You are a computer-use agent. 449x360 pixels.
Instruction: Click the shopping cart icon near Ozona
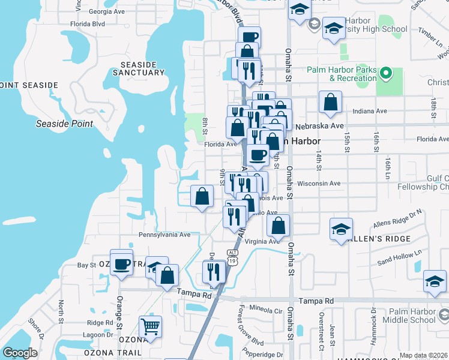pos(150,327)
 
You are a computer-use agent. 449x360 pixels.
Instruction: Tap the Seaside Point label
pos(64,124)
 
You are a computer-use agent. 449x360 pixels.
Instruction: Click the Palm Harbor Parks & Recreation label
pos(342,74)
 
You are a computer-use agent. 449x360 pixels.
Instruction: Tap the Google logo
pos(20,353)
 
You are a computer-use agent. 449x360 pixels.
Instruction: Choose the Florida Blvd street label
pos(87,24)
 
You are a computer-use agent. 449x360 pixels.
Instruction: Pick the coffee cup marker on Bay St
pos(121,263)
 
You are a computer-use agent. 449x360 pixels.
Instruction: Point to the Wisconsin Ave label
pos(319,184)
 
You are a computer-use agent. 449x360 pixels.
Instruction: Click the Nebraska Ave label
pos(320,126)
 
